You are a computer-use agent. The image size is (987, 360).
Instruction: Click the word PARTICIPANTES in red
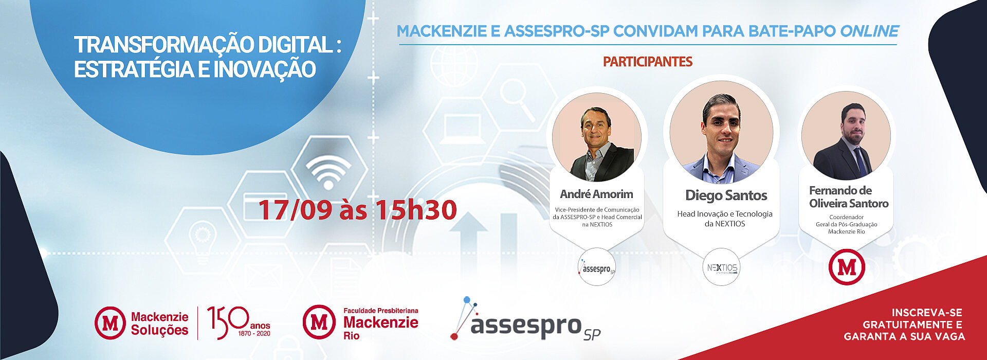(647, 62)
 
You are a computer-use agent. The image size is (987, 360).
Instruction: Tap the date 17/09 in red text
(295, 210)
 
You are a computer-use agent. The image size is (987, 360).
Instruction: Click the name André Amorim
(596, 194)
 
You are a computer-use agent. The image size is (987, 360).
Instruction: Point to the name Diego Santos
(726, 195)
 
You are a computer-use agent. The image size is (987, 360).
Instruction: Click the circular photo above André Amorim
(597, 137)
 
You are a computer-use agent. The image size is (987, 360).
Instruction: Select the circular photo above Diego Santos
(721, 132)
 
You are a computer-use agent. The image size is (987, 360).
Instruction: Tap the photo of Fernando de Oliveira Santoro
(846, 135)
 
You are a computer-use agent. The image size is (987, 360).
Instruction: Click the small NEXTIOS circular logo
(722, 267)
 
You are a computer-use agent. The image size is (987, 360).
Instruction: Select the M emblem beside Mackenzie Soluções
(111, 323)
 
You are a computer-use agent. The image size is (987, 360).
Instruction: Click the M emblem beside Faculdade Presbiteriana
(319, 322)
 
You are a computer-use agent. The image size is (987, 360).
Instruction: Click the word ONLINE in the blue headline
(869, 31)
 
